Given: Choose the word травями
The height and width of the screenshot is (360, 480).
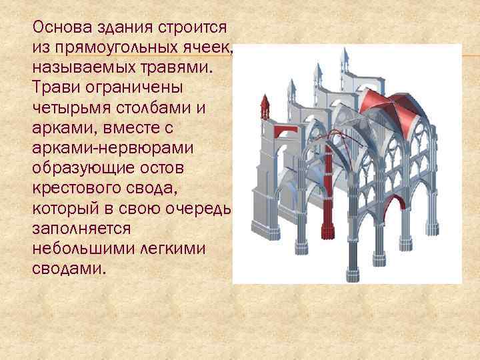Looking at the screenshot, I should pos(181,68).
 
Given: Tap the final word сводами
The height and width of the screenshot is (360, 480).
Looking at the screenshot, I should pos(69,268).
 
